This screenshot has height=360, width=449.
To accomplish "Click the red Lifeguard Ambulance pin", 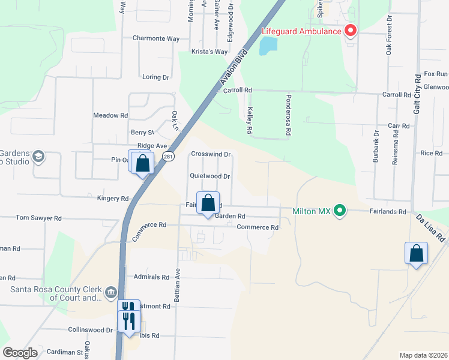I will pyautogui.click(x=349, y=31).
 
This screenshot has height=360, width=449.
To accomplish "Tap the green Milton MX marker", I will pyautogui.click(x=340, y=211).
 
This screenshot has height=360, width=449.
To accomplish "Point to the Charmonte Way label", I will pyautogui.click(x=156, y=38).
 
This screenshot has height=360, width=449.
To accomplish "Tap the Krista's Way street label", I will pyautogui.click(x=209, y=52).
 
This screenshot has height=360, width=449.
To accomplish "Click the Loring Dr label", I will pyautogui.click(x=156, y=77).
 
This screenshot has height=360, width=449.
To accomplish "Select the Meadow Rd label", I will pyautogui.click(x=110, y=115).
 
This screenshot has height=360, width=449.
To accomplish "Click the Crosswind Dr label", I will pyautogui.click(x=211, y=154).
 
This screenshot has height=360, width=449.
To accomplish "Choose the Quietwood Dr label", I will pyautogui.click(x=210, y=176).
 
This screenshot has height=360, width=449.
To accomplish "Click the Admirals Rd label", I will pyautogui.click(x=152, y=277).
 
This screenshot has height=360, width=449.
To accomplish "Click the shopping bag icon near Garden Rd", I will pyautogui.click(x=208, y=203).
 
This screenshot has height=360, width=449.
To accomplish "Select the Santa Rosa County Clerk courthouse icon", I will pyautogui.click(x=110, y=293).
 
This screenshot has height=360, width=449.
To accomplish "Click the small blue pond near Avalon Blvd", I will pyautogui.click(x=268, y=46).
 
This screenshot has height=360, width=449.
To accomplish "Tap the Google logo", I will pyautogui.click(x=20, y=353).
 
